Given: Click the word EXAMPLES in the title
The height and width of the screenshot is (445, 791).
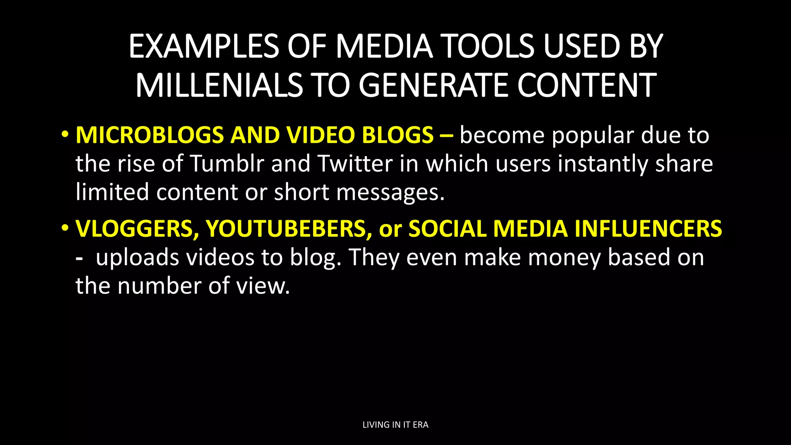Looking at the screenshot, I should coord(203,46).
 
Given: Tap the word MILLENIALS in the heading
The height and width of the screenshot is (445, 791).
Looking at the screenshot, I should coord(219,85).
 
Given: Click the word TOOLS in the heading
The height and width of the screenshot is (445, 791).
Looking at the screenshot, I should coord(487,46).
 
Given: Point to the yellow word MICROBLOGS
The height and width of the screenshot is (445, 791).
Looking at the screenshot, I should coord(149,135).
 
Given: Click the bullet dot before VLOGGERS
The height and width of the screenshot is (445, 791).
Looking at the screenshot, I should coord(65,228).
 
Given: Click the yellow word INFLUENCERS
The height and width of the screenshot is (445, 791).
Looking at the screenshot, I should coord(648,228).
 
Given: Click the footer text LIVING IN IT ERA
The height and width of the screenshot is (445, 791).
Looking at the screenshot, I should coord(395,425).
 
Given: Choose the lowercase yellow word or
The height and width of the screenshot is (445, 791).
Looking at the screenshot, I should coord(390,229).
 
